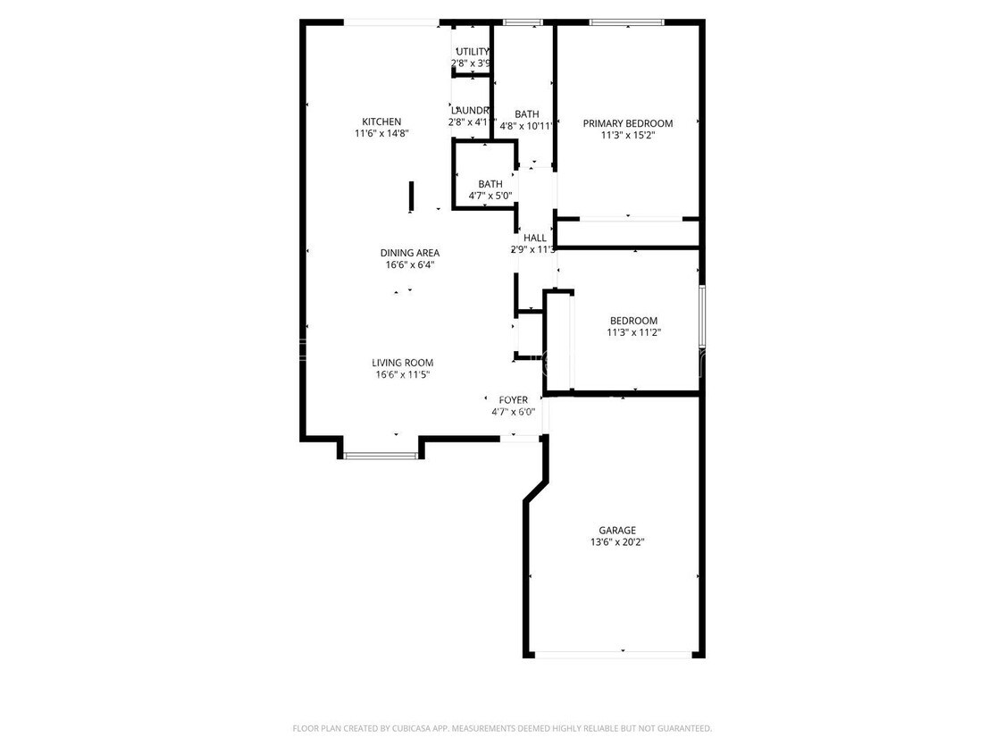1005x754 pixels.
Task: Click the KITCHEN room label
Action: point(381,121)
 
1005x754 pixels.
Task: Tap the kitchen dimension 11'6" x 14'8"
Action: point(381,134)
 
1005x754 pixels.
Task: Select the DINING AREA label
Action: point(409,253)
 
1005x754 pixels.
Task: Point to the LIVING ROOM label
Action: point(402,363)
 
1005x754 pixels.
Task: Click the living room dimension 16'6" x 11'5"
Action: point(404,375)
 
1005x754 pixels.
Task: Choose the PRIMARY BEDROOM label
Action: point(627,123)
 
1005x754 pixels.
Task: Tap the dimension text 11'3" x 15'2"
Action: point(629,136)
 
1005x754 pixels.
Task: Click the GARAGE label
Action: point(617,530)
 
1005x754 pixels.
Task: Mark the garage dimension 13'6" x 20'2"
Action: point(617,542)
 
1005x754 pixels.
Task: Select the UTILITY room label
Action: point(473,52)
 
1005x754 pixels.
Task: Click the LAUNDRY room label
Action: point(471,110)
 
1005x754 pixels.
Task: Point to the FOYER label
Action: point(513,399)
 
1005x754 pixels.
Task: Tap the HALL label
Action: point(534,238)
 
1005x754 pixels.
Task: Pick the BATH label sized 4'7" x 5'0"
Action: point(490,184)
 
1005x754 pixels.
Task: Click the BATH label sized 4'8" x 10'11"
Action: point(526,114)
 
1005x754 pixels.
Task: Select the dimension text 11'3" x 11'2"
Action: point(633,333)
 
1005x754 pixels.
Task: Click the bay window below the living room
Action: point(381,456)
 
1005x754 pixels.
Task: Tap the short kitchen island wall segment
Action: point(411,197)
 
